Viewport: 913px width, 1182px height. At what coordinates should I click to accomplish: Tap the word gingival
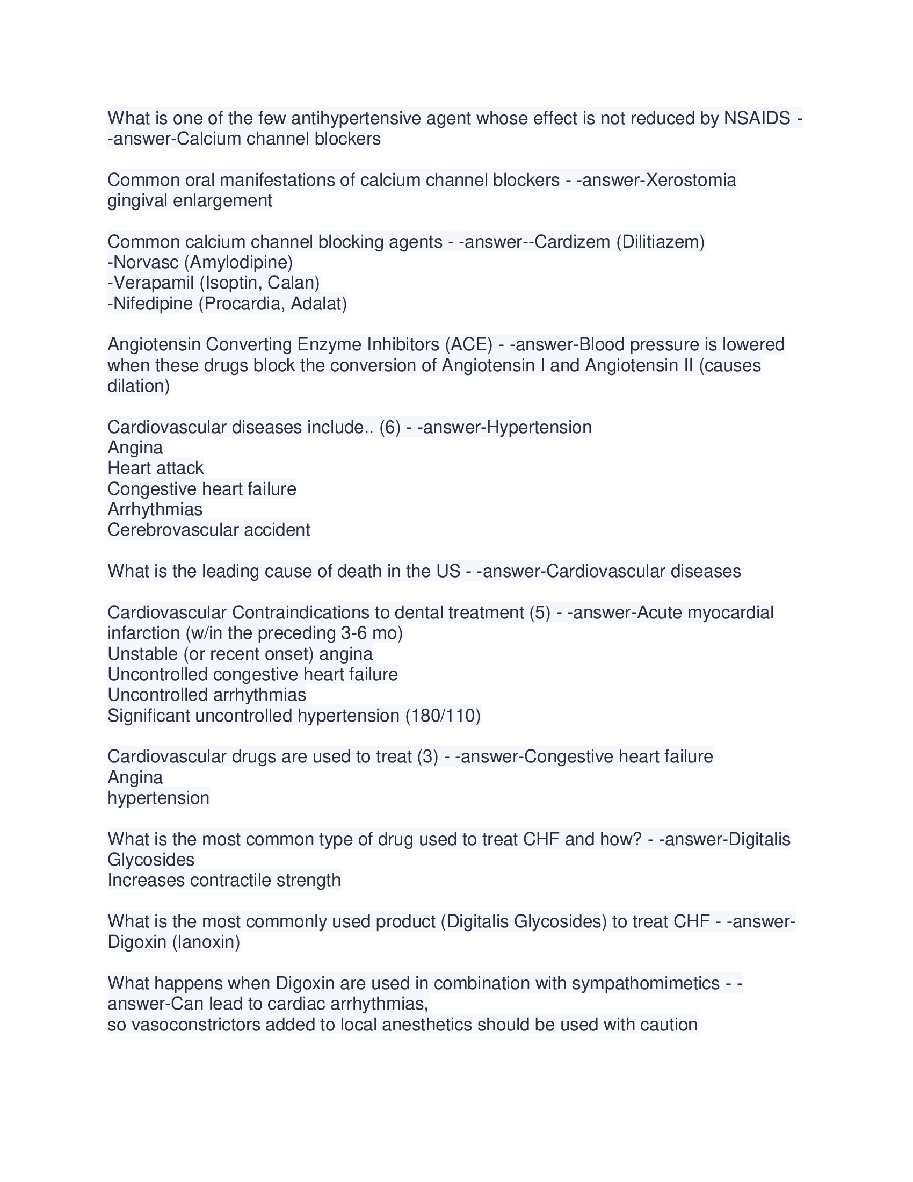click(137, 201)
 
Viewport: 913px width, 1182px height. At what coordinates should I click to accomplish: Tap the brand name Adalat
click(318, 304)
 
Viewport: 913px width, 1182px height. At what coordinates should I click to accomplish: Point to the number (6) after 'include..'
click(390, 428)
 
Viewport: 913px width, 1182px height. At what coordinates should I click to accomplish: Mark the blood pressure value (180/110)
click(443, 716)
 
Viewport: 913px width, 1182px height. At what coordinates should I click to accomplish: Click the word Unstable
click(143, 654)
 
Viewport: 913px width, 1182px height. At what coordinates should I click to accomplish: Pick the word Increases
click(146, 881)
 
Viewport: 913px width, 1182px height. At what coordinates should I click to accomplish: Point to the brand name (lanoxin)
click(206, 942)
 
